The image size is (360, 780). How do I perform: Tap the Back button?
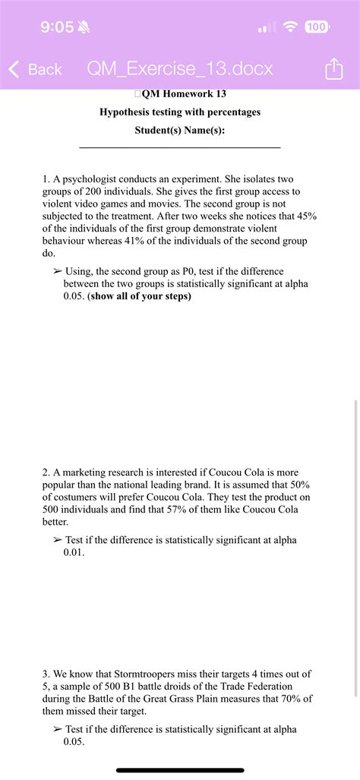point(36,70)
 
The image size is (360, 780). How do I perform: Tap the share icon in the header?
point(333,71)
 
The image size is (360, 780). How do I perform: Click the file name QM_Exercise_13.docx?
point(180,70)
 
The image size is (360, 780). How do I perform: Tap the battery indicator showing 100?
point(317,27)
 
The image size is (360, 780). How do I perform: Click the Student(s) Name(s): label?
point(180,130)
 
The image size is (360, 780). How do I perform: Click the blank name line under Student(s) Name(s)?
point(180,147)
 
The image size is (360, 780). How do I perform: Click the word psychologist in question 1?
point(90,180)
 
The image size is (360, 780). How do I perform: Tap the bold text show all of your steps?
point(140,296)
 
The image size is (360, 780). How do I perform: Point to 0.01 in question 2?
point(74,553)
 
